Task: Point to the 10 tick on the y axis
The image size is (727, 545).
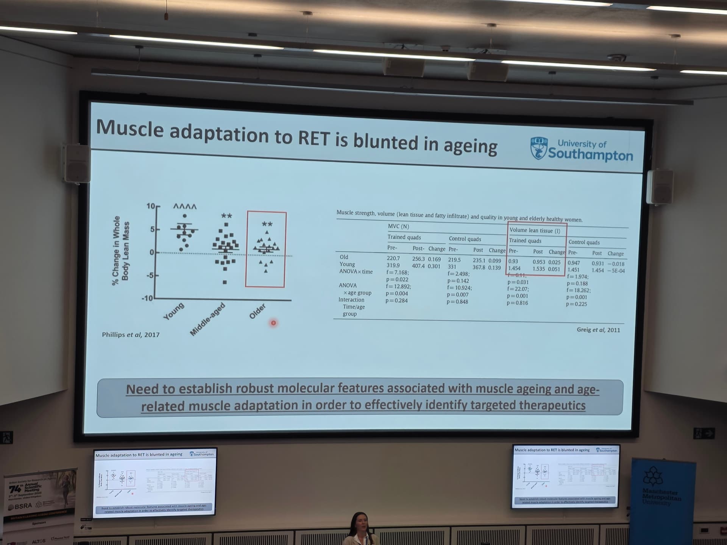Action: (151, 206)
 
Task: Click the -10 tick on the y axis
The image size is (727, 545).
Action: (147, 298)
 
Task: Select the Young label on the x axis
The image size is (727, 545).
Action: (173, 311)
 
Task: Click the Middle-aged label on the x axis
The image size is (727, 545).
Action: (207, 319)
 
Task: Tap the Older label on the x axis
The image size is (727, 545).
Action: (257, 311)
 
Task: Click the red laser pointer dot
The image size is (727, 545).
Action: (273, 323)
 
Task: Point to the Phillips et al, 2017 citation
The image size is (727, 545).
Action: (131, 335)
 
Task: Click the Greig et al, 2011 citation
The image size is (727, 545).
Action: (598, 330)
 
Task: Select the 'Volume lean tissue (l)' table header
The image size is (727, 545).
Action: (535, 230)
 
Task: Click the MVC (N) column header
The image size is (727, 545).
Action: (398, 226)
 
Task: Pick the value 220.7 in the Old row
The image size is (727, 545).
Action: (393, 258)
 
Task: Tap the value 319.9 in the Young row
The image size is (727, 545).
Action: (393, 265)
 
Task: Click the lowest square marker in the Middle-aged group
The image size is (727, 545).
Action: (225, 282)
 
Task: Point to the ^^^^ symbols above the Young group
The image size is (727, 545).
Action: (185, 207)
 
